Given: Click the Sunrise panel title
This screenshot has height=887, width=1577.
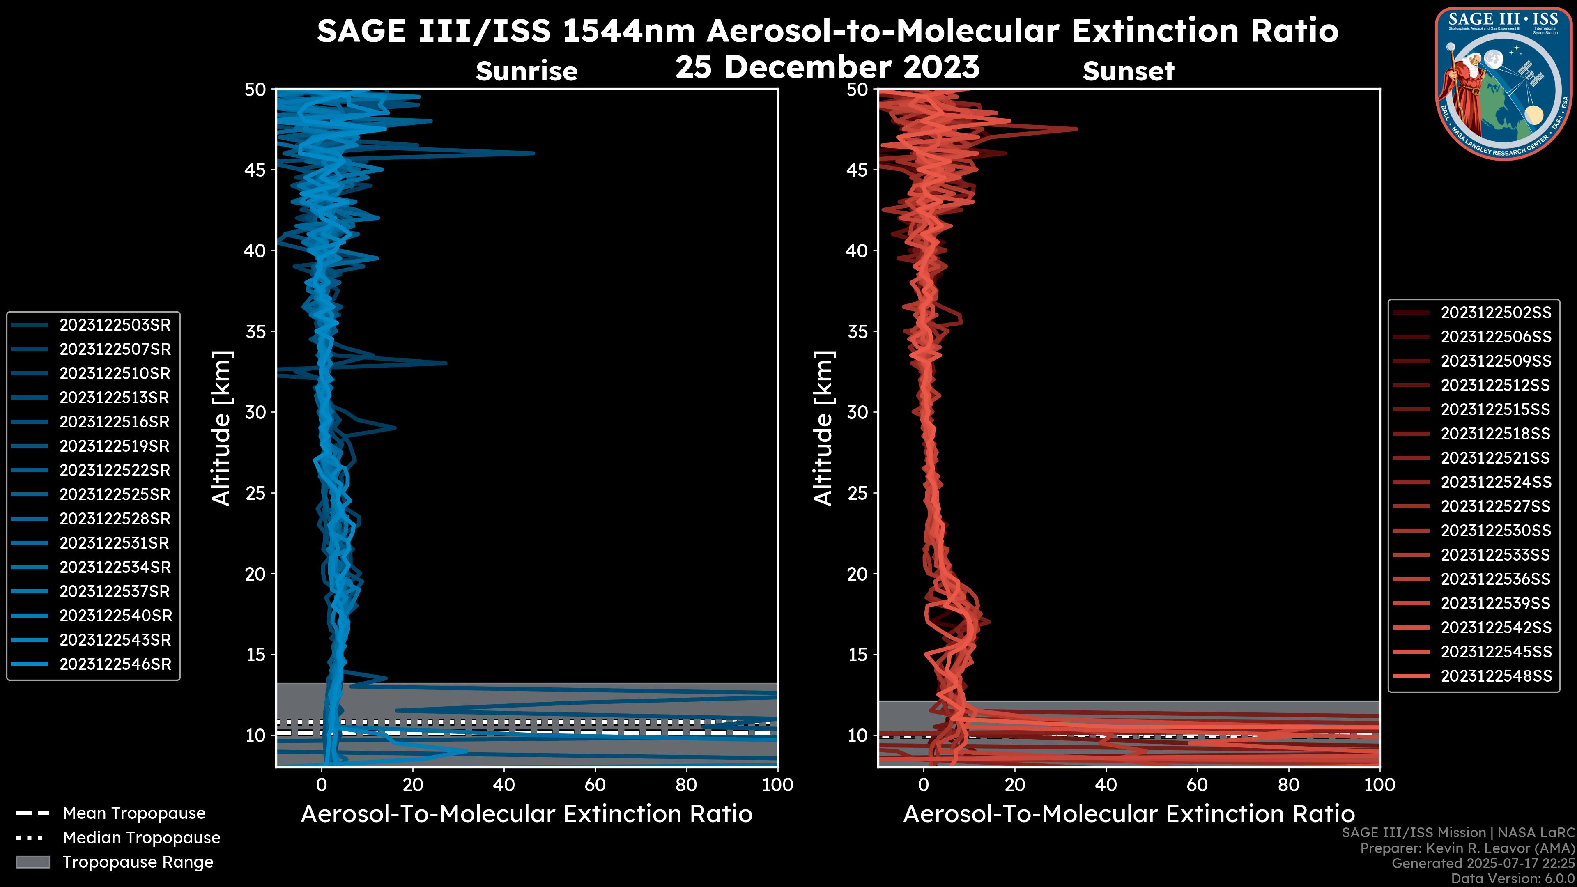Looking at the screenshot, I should [526, 71].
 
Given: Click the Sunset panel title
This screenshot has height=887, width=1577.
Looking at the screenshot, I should [1128, 71].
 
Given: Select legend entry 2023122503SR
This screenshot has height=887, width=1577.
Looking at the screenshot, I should [115, 325].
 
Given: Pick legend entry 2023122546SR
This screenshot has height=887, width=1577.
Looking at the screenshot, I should [115, 664].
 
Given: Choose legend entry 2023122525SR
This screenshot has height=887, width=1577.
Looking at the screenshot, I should [115, 494].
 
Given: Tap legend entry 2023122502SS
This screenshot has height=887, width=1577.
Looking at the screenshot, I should [1496, 313].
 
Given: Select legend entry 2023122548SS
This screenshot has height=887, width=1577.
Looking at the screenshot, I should [1496, 676].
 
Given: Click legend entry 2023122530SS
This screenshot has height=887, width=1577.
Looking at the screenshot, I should [1496, 531].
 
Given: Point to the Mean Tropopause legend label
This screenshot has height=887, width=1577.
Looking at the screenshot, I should [134, 813].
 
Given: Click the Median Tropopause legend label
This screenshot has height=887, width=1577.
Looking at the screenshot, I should [141, 838].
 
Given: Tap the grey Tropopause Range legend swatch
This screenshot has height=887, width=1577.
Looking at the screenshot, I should [32, 862].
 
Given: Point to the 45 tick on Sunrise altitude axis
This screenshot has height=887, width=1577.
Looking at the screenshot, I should [256, 170].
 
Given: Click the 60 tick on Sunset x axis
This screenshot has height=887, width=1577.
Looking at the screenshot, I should [1197, 785].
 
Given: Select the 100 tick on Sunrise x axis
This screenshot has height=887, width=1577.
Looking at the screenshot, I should [777, 785].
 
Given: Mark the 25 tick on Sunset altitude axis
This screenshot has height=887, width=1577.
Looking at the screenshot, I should [857, 493].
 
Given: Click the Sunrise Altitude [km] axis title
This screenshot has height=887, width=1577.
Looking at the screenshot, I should [221, 428].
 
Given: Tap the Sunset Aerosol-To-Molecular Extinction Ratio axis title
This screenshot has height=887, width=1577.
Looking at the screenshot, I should [1128, 814].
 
